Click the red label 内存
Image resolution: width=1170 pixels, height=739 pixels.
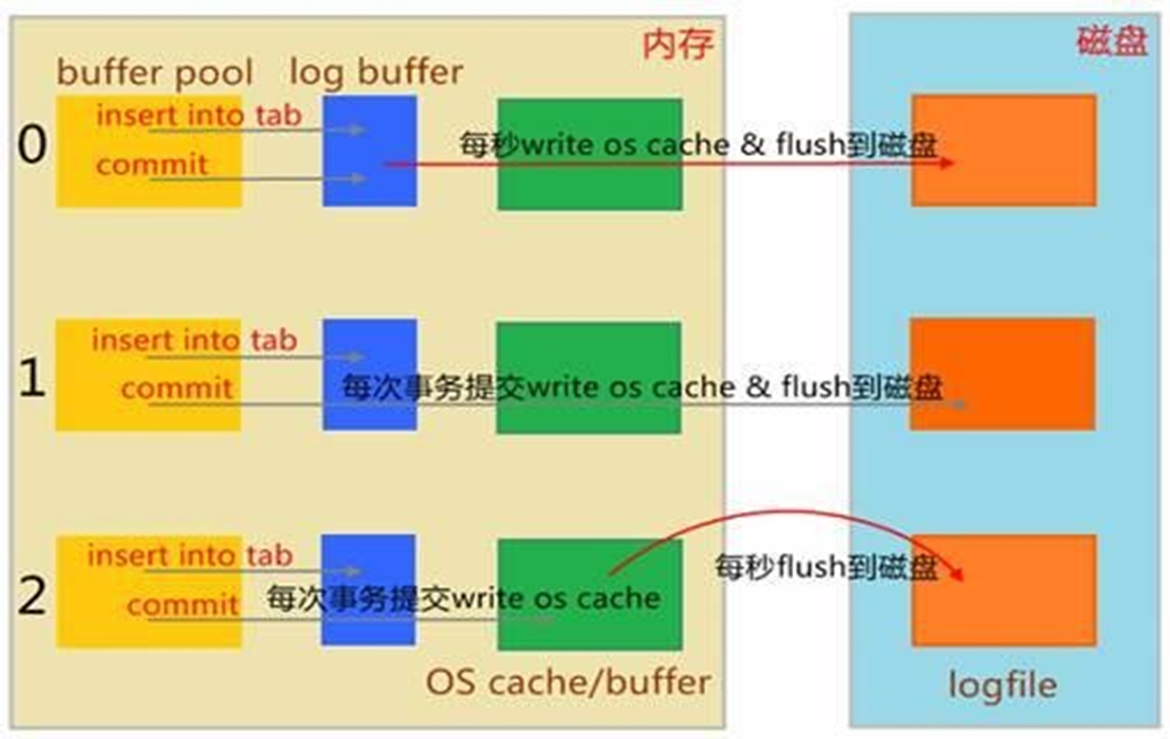(x=678, y=44)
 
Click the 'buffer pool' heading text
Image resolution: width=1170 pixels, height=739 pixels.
(x=155, y=72)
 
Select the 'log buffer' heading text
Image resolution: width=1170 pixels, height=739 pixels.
(x=376, y=72)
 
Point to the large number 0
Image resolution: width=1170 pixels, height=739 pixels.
(x=32, y=144)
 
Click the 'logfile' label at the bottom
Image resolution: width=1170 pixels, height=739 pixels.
(x=1003, y=685)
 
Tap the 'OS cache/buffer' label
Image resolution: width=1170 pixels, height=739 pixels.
(x=568, y=682)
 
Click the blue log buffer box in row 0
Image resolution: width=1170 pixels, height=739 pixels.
(x=370, y=151)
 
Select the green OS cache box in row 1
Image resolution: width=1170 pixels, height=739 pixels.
(x=589, y=378)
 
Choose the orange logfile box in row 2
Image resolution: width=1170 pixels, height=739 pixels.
(x=1004, y=590)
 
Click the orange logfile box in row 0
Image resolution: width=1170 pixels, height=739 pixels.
(x=1004, y=150)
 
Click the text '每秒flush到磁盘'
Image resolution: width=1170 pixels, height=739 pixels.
(x=827, y=567)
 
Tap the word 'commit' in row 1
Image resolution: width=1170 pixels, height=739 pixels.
(x=176, y=389)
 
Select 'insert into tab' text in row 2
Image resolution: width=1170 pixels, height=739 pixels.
(x=190, y=555)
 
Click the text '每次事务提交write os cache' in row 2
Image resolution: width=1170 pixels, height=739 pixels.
(x=464, y=598)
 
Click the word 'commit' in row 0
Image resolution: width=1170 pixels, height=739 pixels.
(x=152, y=164)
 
